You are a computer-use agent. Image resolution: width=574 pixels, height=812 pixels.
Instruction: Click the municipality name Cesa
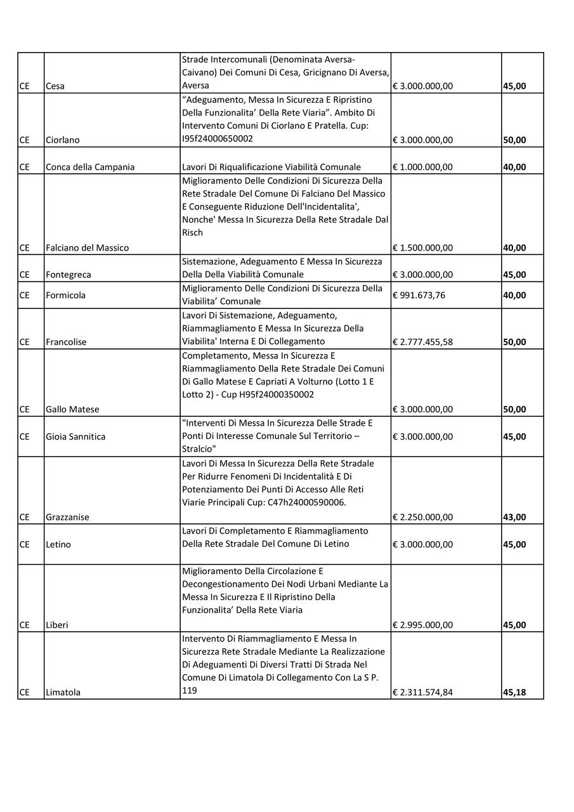pos(55,86)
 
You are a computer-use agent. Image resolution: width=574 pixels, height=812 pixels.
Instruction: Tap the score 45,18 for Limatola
pos(514,692)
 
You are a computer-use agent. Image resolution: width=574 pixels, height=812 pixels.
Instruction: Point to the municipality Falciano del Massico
pos(87,248)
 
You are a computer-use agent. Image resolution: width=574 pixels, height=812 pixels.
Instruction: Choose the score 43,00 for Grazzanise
pos(514,517)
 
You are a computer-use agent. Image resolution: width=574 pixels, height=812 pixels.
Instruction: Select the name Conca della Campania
pos(90,167)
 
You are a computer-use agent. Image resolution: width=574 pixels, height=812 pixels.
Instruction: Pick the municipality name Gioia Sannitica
pos(75,436)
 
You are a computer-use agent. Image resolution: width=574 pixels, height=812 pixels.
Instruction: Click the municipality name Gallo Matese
pos(72,409)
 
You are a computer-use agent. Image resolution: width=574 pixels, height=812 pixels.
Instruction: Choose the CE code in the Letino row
pos(24,544)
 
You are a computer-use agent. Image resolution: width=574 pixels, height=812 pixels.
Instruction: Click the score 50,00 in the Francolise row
pos(514,342)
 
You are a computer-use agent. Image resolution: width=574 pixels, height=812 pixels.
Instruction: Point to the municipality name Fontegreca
pos(68,275)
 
